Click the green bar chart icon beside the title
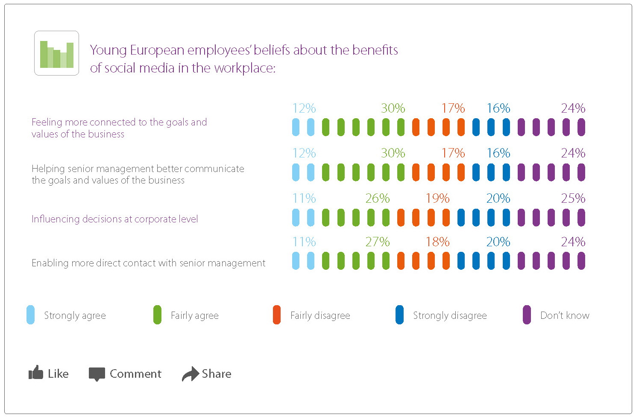coord(56,53)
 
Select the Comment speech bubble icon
coord(97,373)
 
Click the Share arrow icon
coord(190,373)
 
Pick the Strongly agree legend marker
coord(31,315)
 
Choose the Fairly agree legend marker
coord(157,315)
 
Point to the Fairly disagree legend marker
coord(277,315)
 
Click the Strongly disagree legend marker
coord(399,315)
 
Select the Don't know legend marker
coord(527,315)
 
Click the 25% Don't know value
coord(573,198)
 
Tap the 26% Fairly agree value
coord(378,198)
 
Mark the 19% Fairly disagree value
coord(437,198)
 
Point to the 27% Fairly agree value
coord(378,242)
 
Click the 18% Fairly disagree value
coord(437,242)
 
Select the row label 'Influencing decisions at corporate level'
coord(115,219)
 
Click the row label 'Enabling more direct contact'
coord(148,263)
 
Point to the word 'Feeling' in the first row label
coord(47,122)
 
